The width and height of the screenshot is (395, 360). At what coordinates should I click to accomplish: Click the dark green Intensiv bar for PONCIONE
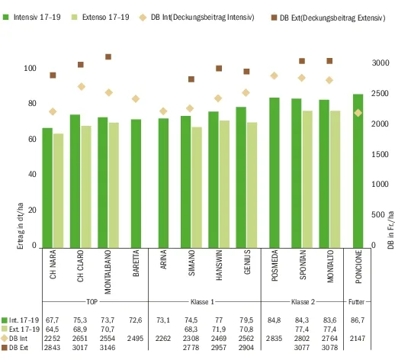pos(358,171)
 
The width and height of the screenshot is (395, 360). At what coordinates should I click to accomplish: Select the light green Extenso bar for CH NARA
pos(58,191)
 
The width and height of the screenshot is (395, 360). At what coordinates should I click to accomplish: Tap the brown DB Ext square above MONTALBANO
pos(108,56)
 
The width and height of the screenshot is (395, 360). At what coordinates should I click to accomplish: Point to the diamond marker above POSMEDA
pos(275,76)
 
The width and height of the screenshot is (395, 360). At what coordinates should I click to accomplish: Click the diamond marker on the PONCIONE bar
pos(358,113)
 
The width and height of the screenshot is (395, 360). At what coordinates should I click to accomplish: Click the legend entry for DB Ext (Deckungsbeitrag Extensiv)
pos(328,18)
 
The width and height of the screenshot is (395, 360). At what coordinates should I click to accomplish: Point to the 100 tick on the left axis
pos(30,68)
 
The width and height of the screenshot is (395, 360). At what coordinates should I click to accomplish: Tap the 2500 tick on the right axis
pos(381,93)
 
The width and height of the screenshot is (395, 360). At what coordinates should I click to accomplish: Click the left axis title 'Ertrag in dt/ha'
pos(21,226)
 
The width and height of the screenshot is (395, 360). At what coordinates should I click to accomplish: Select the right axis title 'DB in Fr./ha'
pos(390,230)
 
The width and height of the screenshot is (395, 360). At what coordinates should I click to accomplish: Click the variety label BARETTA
pos(136,263)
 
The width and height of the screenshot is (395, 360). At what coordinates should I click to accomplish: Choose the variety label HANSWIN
pos(219,265)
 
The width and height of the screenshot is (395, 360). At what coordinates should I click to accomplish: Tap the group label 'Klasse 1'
pos(202,302)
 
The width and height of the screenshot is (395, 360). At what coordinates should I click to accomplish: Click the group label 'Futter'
pos(356,302)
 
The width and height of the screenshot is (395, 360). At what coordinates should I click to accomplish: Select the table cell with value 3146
pos(108,347)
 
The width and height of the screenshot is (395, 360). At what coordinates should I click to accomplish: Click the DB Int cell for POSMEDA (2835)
pos(274,339)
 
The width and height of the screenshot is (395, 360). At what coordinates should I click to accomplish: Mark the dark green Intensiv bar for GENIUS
pos(241,178)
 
